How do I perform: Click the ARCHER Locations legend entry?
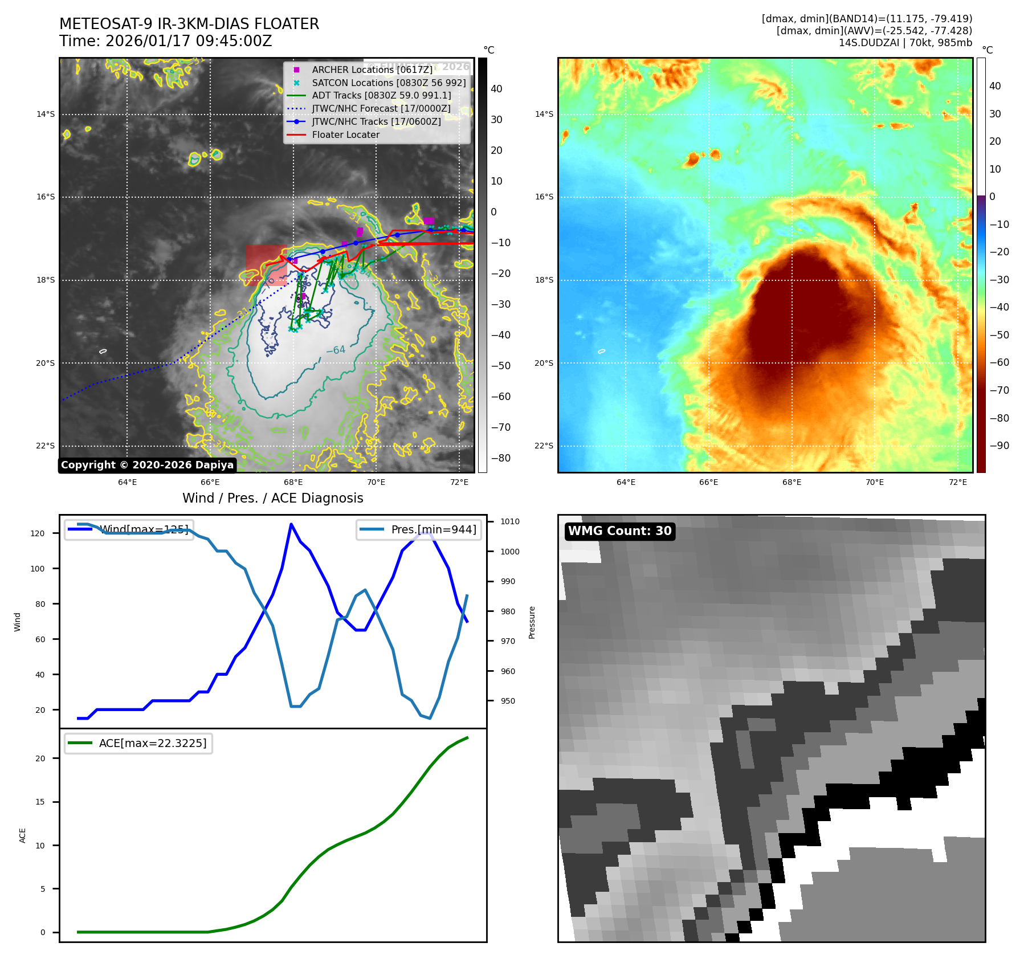(x=372, y=70)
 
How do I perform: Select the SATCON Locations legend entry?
(x=389, y=83)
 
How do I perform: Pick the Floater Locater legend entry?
(x=345, y=135)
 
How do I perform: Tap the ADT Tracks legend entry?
(x=381, y=96)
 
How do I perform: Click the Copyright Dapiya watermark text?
(x=147, y=465)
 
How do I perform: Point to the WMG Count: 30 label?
(x=619, y=531)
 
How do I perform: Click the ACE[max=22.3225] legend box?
(x=138, y=743)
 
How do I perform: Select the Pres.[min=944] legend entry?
(x=419, y=529)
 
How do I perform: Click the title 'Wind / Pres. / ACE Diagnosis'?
(x=272, y=498)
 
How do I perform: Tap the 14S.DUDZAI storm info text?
(x=905, y=43)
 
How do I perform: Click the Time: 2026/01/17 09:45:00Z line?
(x=165, y=41)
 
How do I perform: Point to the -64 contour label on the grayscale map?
(x=336, y=350)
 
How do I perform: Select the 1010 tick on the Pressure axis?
(x=510, y=521)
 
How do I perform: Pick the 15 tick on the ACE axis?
(x=40, y=802)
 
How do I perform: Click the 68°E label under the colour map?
(x=792, y=482)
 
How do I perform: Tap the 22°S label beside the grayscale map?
(x=46, y=446)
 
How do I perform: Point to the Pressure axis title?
(x=532, y=622)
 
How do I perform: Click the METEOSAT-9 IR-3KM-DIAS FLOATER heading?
(x=189, y=24)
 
